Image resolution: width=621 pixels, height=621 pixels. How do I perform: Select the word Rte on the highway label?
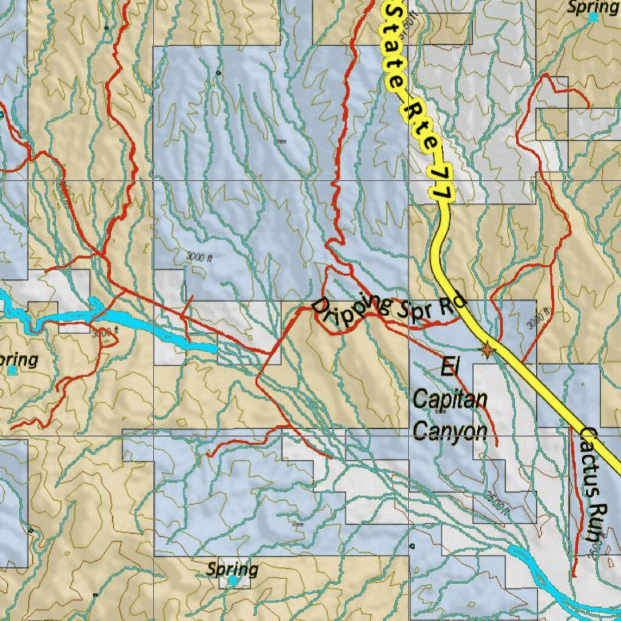[x=418, y=124]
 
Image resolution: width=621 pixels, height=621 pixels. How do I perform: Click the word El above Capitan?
[x=449, y=368]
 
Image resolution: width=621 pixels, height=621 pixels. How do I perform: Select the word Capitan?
[x=450, y=400]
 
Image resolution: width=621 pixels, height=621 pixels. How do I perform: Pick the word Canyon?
[x=450, y=431]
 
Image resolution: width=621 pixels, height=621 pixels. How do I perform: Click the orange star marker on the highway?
[x=486, y=350]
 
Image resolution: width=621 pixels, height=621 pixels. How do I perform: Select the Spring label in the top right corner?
[x=592, y=7]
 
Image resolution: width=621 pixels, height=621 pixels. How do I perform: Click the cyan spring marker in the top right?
[x=592, y=18]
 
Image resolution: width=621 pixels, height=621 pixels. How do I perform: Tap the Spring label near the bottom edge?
[x=232, y=569]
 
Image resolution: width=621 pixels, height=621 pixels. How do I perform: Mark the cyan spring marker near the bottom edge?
[x=233, y=581]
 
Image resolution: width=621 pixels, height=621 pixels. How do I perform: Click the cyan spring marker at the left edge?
[x=12, y=369]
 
